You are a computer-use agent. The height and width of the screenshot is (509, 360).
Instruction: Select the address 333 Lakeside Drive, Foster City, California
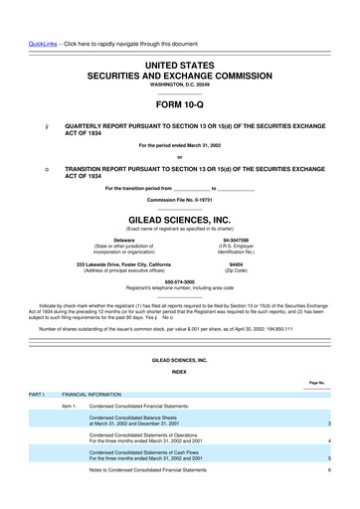coord(124,265)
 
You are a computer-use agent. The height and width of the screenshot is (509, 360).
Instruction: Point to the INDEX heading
coord(179,371)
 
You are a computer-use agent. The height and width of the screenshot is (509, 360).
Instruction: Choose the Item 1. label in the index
coord(69,406)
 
